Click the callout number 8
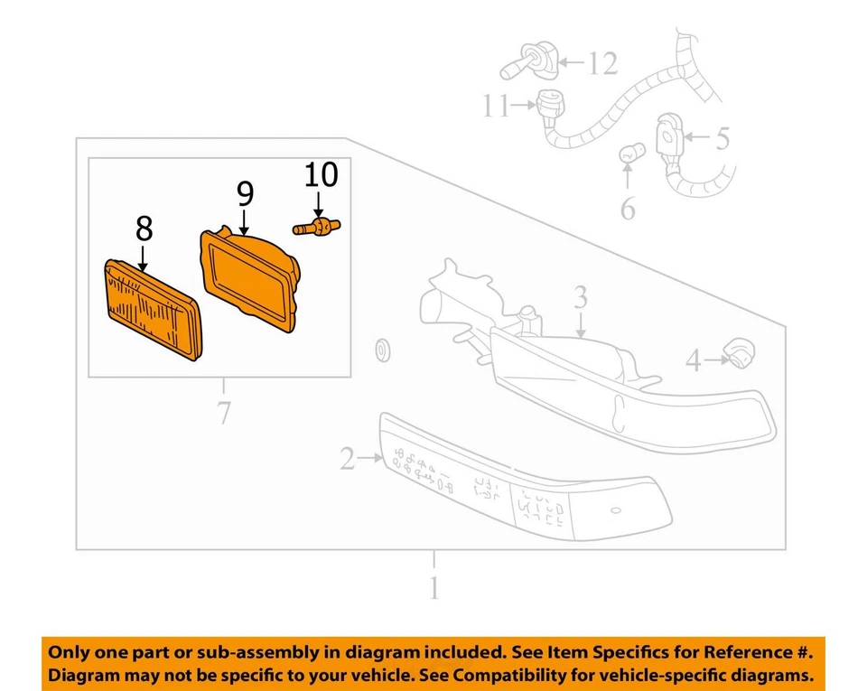(144, 230)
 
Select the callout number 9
(245, 193)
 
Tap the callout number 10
(321, 174)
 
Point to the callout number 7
(223, 413)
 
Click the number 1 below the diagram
(434, 588)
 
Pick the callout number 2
(348, 460)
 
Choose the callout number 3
(581, 297)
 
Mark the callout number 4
(694, 361)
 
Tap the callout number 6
(627, 210)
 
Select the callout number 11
(495, 107)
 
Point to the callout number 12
(602, 63)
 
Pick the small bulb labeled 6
(629, 154)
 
